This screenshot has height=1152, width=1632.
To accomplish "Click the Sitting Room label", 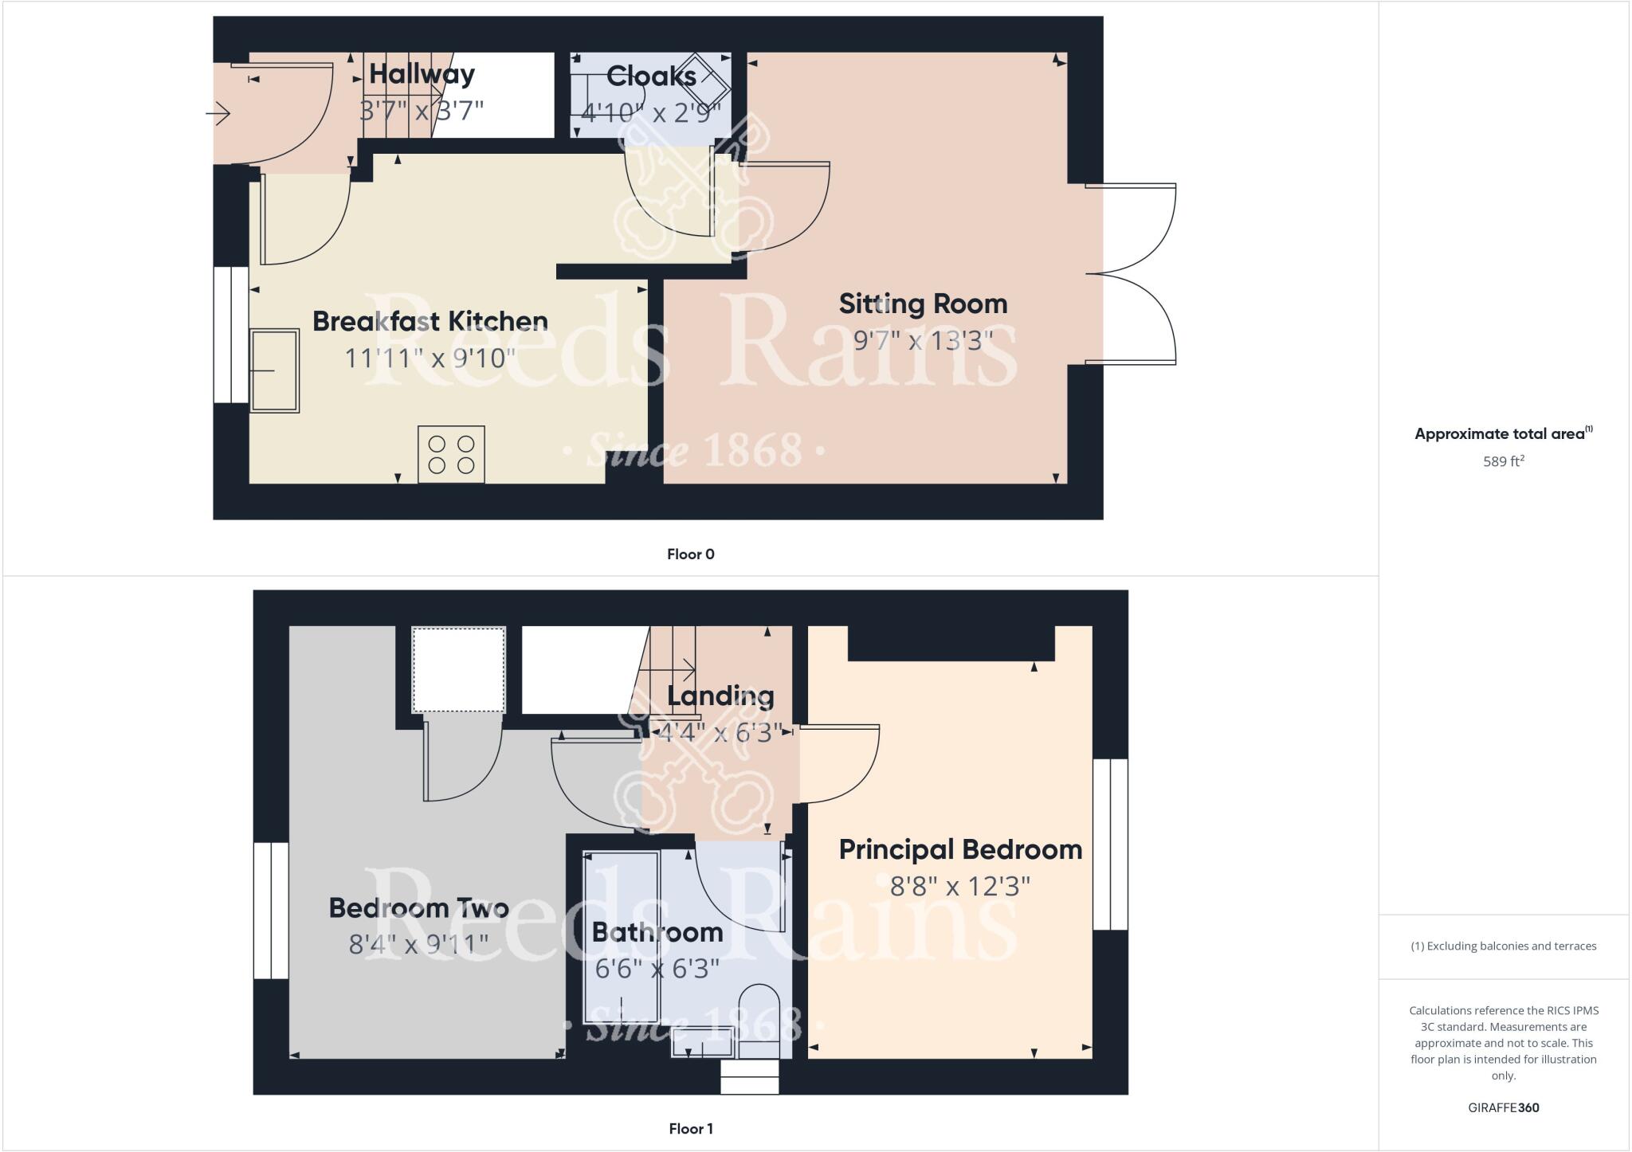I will (923, 304).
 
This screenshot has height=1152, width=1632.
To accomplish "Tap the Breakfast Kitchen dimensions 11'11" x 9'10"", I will (430, 358).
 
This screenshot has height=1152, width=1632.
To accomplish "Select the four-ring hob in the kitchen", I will (451, 454).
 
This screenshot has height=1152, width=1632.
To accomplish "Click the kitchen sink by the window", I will (275, 370).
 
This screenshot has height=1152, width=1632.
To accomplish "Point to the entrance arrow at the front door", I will (218, 115).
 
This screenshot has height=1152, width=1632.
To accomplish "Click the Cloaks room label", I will (651, 76).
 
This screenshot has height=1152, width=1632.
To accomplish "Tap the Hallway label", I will (422, 74).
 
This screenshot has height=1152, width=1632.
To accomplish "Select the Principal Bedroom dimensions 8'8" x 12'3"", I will (959, 886).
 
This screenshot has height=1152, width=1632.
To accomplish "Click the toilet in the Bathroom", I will (759, 1017).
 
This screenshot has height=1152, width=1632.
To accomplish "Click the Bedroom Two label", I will (418, 908).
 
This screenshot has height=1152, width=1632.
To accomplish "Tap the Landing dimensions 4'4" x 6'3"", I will (719, 732).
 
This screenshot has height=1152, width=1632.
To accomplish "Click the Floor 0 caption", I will (690, 554).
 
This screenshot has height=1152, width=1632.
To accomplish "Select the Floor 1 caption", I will (690, 1129).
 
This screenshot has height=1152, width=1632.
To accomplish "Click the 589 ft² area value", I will (1503, 461).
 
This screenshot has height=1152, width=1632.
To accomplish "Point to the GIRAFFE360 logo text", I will (1503, 1107).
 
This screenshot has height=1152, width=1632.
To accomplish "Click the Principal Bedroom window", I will (1110, 844).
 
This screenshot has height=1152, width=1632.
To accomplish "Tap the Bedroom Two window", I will (271, 910).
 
